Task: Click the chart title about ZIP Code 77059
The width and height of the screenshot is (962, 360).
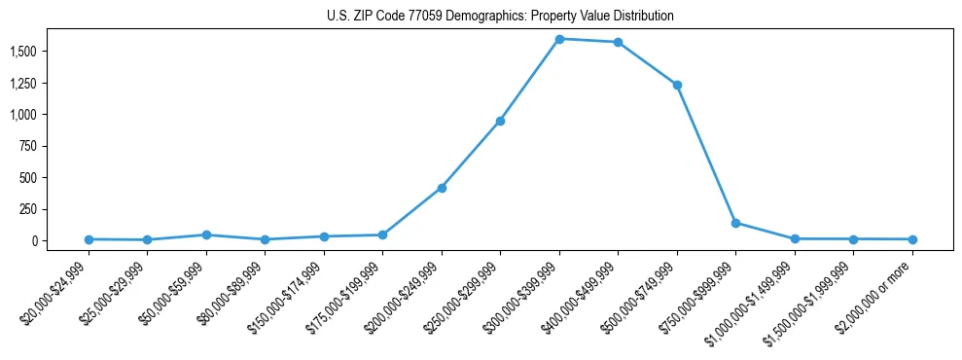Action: tap(500, 17)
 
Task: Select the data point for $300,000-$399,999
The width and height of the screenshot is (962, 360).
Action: tap(559, 39)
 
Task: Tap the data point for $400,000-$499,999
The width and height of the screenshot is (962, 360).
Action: tap(618, 42)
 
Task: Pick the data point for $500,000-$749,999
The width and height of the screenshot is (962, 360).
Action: tap(677, 85)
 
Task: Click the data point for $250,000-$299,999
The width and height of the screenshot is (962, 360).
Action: tap(500, 121)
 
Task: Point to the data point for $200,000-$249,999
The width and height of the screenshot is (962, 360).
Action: tap(442, 188)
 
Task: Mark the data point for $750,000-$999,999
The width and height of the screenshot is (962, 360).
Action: tap(735, 223)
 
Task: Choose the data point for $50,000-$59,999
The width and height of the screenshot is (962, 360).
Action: tap(206, 234)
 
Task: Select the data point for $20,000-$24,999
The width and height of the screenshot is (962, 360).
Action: tap(89, 239)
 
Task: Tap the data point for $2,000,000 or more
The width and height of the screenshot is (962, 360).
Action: tap(912, 239)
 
